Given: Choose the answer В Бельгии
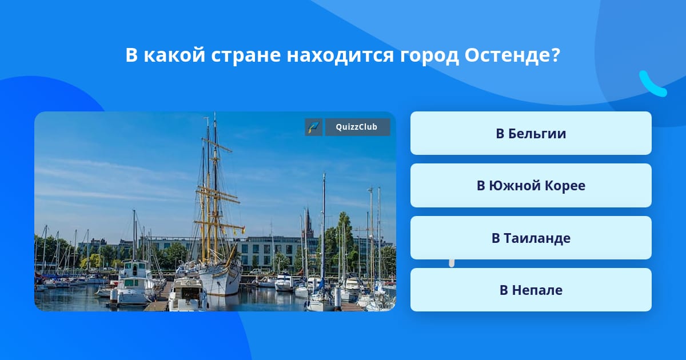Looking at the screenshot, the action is coord(531,133).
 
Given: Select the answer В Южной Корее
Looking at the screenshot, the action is coord(531,186).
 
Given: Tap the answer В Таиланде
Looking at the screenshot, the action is coord(531,238).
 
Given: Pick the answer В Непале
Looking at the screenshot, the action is coord(531,290).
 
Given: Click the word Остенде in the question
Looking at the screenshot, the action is coord(508,55).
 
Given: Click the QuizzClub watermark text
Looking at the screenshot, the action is coord(357,127).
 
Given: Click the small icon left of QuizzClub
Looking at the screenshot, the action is coord(314,127).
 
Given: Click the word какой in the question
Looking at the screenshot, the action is coord(174,55).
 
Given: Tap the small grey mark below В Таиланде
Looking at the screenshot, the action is coord(452,263).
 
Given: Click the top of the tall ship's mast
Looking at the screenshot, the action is coord(215,113).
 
